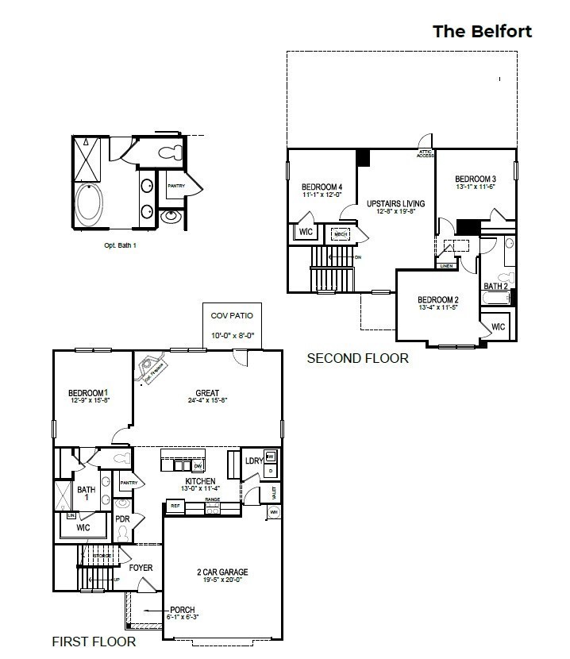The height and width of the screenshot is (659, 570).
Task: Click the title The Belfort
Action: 482,31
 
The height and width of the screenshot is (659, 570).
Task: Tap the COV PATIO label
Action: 232,316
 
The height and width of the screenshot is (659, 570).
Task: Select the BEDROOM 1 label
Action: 88,393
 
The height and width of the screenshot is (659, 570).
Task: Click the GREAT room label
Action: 207,393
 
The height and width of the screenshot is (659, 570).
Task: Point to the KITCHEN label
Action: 201,481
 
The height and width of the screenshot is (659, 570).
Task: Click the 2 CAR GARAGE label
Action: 222,572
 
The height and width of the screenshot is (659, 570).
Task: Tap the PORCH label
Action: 182,610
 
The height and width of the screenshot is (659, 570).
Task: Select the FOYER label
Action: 141,568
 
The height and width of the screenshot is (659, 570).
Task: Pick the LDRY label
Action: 254,461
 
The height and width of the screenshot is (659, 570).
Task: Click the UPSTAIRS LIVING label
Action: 395,203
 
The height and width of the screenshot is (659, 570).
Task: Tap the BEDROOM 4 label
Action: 322,187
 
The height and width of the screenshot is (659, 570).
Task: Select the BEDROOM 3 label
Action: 476,179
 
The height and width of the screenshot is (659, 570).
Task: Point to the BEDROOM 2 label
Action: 437,299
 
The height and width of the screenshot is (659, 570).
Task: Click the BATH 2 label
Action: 496,286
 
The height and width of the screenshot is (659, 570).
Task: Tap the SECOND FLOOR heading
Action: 357,358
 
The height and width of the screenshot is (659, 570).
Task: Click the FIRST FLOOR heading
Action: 94,641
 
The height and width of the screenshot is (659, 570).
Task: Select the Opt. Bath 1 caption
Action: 121,245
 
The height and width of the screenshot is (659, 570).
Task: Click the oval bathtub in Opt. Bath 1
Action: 87,205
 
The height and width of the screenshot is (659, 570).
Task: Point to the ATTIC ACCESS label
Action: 426,153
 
